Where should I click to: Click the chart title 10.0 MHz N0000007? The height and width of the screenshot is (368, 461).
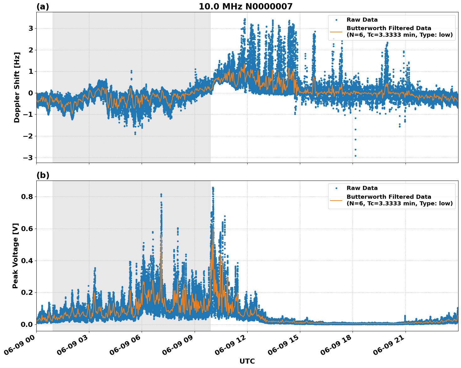click(x=245, y=7)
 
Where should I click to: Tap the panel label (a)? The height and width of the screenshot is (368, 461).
click(x=43, y=7)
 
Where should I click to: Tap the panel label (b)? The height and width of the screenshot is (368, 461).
click(x=43, y=175)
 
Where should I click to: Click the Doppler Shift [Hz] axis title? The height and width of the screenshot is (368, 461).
click(x=17, y=87)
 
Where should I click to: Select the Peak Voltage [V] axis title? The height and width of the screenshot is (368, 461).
click(x=15, y=256)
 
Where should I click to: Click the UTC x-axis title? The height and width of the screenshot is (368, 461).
click(x=247, y=361)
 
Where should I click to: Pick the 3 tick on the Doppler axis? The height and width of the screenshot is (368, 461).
click(x=31, y=29)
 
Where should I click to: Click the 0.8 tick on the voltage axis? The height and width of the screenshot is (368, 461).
click(x=28, y=197)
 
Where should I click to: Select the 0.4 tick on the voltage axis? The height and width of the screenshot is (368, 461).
click(x=28, y=261)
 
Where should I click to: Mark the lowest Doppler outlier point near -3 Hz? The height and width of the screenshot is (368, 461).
click(x=355, y=156)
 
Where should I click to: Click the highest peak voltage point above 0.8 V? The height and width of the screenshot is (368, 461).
click(x=213, y=188)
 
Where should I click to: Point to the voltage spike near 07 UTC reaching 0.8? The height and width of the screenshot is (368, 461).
click(x=161, y=195)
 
